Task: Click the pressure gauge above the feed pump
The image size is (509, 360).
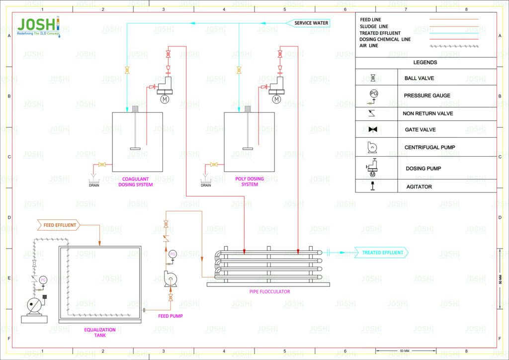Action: coord(172,255)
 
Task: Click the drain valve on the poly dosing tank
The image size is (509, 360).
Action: coord(214,165)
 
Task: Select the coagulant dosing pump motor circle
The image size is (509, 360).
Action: coord(165,99)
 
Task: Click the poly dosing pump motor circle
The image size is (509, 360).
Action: coord(276,99)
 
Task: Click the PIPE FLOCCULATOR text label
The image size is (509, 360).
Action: coord(269,291)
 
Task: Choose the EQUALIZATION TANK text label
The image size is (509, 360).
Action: coord(99,332)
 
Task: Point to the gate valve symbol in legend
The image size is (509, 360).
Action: coord(373,129)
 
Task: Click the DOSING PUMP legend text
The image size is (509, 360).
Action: coord(423,168)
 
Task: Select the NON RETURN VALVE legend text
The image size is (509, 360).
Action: coord(427,113)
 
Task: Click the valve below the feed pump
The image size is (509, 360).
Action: coord(171,297)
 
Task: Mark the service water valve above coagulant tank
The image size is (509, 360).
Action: coord(127,70)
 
